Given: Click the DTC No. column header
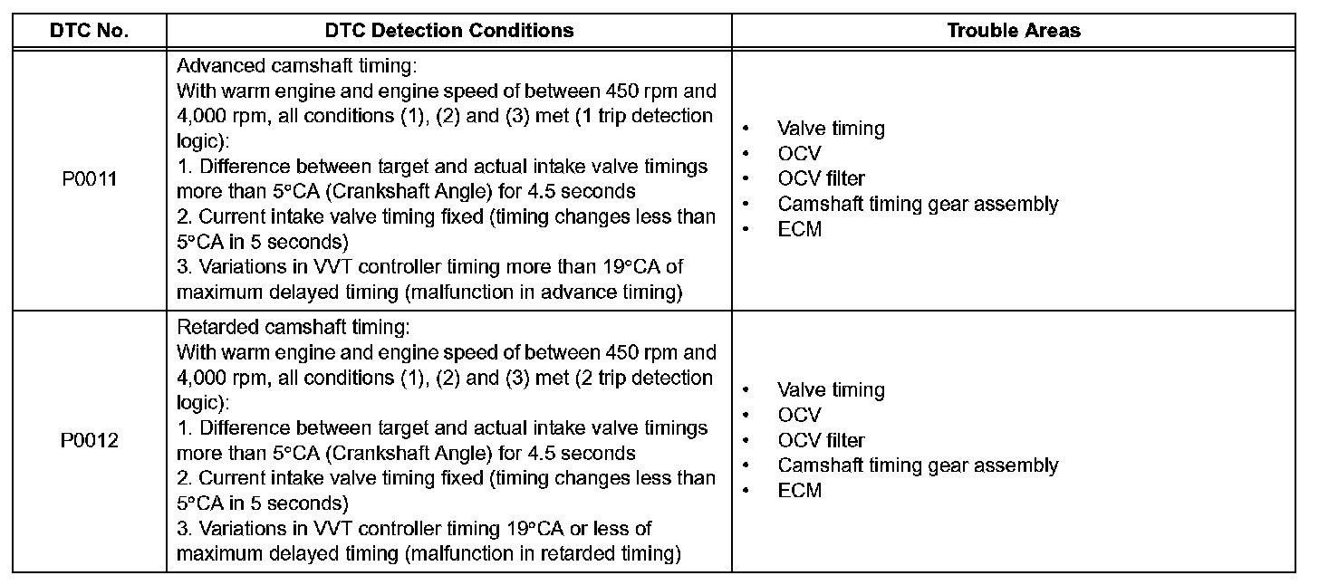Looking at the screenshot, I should pyautogui.click(x=89, y=30).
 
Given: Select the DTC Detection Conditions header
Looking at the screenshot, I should pyautogui.click(x=448, y=30).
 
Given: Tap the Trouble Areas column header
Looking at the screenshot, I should pyautogui.click(x=1013, y=30).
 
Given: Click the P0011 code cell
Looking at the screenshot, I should pyautogui.click(x=89, y=179).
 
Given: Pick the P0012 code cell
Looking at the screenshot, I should pyautogui.click(x=89, y=441).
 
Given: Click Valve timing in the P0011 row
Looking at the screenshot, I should pyautogui.click(x=830, y=129).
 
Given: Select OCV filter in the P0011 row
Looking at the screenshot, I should pyautogui.click(x=821, y=179).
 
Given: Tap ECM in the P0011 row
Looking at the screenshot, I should pyautogui.click(x=799, y=229).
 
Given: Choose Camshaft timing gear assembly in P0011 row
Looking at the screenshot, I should pyautogui.click(x=917, y=204).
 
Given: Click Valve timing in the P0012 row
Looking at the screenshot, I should pyautogui.click(x=830, y=390).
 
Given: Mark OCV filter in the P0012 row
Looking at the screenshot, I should pyautogui.click(x=821, y=441).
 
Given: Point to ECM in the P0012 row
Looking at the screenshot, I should pyautogui.click(x=799, y=491).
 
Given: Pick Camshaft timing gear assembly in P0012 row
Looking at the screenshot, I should pyautogui.click(x=917, y=465).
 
